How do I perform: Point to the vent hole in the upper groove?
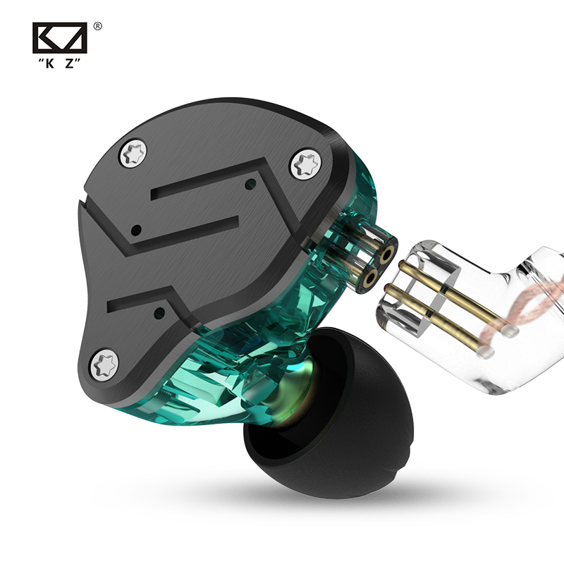click(x=249, y=184)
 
